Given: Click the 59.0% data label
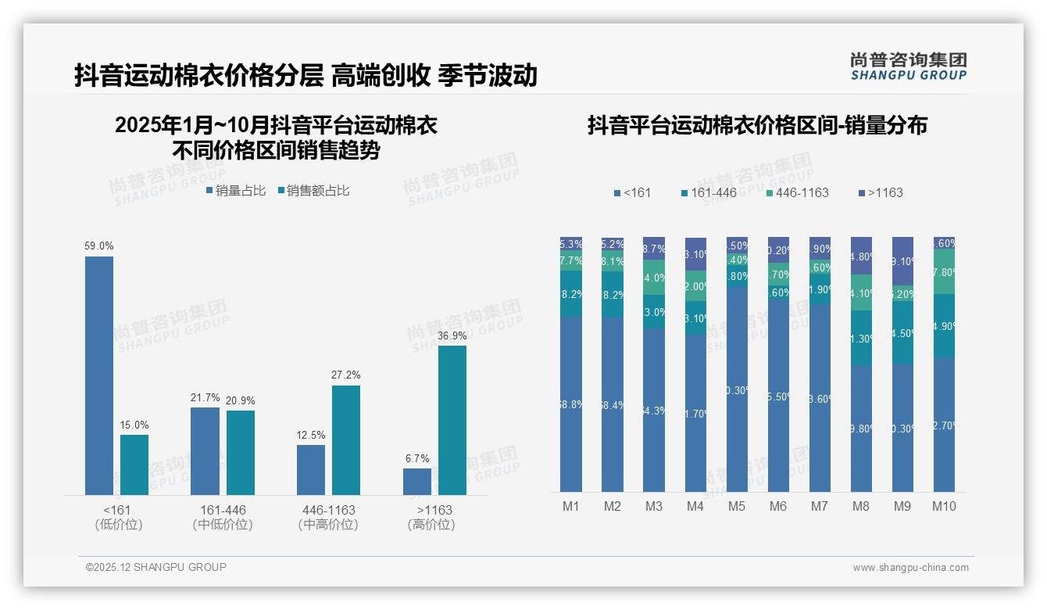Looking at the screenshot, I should point(99,246).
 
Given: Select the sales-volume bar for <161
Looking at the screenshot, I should point(99,375).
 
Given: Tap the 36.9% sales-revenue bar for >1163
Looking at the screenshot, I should point(452,420).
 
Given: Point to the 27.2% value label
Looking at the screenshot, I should point(346,375).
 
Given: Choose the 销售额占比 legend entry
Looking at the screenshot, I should point(313,191).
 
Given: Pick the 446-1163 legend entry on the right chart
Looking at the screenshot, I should point(796,192).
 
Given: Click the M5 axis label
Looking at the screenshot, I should point(737,506).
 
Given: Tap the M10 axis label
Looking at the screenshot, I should point(944,506).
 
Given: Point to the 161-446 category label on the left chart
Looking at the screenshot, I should point(223,510).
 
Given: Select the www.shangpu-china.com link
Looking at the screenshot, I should point(910,568).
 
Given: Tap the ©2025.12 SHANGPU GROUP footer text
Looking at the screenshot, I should point(156,567).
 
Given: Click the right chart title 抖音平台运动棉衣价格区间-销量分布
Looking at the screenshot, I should point(757,125).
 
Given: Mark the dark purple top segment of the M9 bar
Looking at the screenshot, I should point(902,260).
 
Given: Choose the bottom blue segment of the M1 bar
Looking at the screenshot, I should point(571,404).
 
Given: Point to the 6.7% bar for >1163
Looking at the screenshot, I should point(417,481).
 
